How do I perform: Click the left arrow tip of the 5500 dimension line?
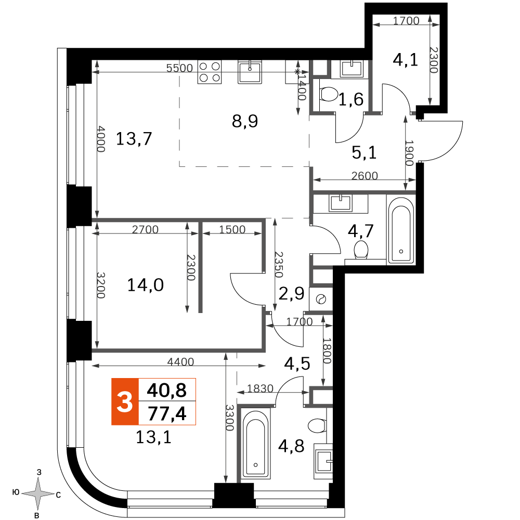point(92,72)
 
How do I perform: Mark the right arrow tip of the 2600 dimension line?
point(415,180)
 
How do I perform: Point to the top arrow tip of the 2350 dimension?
point(275,218)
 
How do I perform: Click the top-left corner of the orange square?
point(112,379)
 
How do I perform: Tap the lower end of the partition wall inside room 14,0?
point(200,313)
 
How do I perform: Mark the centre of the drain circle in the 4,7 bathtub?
point(401,251)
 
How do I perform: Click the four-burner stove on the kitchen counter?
point(210,72)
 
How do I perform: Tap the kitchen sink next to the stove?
point(250,71)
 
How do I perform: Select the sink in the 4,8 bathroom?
point(323,461)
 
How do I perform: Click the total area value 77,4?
point(167,413)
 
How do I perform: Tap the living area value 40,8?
point(167,391)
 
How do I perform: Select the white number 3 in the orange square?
point(125,401)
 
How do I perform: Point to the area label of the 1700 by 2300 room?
point(405,60)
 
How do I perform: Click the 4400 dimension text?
point(180,361)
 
